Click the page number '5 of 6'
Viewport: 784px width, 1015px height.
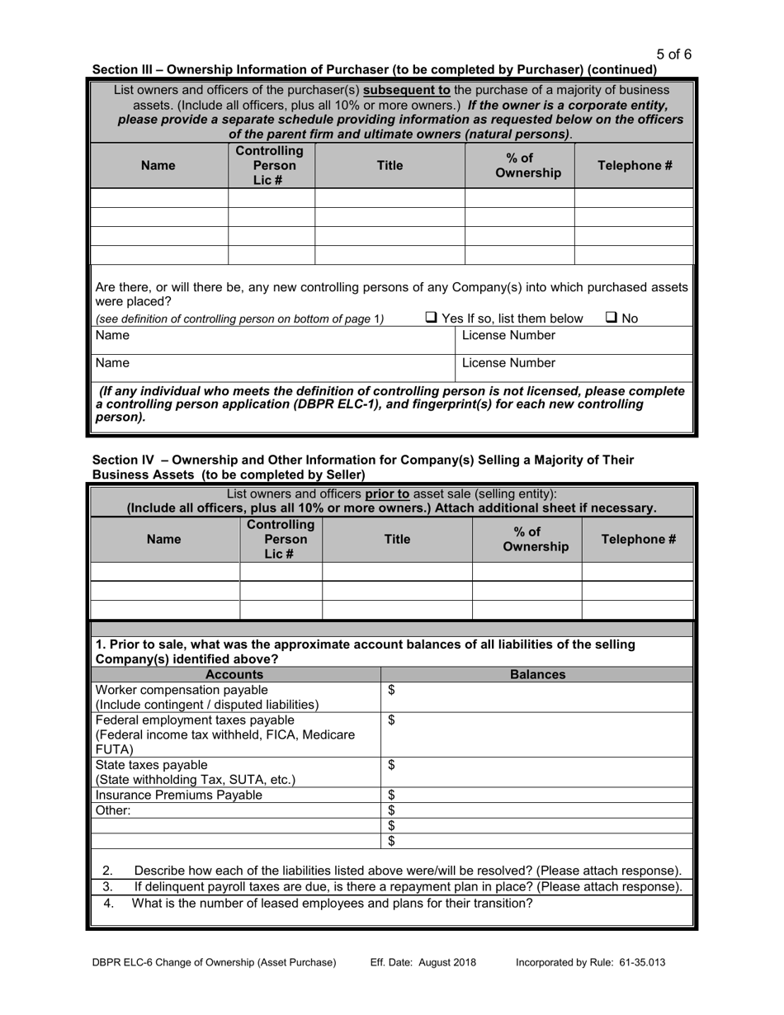[x=674, y=54]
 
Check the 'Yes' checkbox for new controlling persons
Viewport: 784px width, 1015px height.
[x=432, y=318]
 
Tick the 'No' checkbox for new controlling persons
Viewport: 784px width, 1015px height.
[x=612, y=318]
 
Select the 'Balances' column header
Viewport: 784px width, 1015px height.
[x=537, y=674]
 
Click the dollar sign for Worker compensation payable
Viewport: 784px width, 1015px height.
[x=392, y=690]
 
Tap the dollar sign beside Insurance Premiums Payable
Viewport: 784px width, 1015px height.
[x=392, y=795]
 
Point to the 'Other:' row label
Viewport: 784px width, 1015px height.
[x=113, y=810]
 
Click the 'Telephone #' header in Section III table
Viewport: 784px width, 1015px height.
[x=635, y=165]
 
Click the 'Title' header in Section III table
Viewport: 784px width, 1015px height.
[x=390, y=165]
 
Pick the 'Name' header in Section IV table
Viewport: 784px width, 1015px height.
[x=163, y=539]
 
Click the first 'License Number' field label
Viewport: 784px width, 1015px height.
[x=508, y=335]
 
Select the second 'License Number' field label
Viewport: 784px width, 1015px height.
[x=508, y=362]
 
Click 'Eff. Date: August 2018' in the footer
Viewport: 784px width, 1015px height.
[x=423, y=962]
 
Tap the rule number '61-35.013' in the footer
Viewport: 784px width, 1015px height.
[x=637, y=962]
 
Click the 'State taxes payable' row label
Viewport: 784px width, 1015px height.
[x=152, y=765]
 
